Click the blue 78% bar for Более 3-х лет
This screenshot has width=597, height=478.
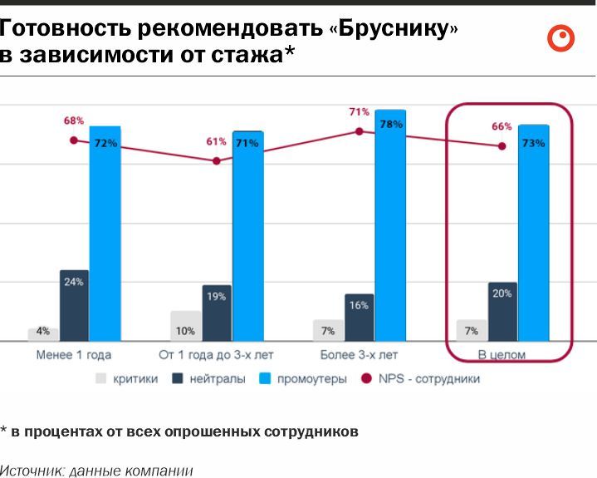click(389, 225)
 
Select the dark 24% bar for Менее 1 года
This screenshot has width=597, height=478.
click(74, 305)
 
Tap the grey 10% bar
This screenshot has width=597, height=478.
click(185, 326)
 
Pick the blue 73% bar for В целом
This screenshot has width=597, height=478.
click(533, 233)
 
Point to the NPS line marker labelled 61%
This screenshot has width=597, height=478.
click(217, 160)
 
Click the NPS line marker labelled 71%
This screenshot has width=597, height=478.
click(360, 131)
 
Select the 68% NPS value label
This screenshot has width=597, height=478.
click(74, 121)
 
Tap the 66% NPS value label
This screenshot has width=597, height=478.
click(502, 126)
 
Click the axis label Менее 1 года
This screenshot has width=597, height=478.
click(74, 355)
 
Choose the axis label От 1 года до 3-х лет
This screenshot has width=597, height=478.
click(218, 355)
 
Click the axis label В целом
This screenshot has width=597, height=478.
click(502, 355)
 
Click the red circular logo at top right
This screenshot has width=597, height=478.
click(561, 38)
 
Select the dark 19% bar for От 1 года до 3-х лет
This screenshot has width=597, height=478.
click(217, 313)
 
